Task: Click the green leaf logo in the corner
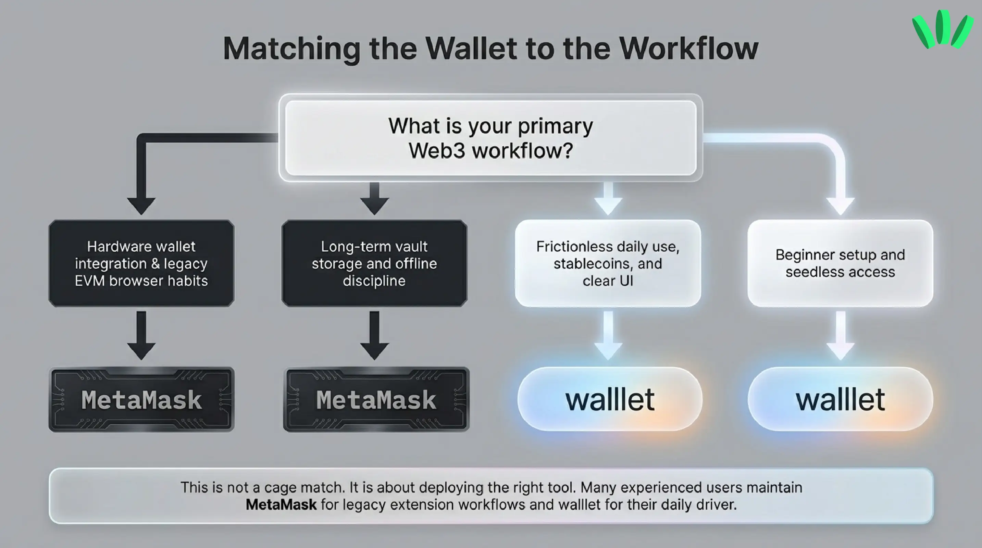pos(941,30)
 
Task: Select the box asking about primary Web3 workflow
pos(490,138)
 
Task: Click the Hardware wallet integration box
pos(141,263)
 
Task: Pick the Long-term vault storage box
pos(374,263)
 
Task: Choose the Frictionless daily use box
pos(608,263)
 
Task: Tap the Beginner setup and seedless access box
pos(840,263)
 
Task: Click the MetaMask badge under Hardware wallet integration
pos(141,399)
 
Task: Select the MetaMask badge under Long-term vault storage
pos(376,399)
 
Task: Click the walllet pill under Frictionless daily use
pos(610,399)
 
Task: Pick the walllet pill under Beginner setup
pos(840,399)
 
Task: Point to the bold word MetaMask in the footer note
pos(281,505)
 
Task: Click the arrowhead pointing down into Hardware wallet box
pos(141,206)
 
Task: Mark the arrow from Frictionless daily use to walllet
pos(608,335)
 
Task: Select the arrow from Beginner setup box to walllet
pos(840,335)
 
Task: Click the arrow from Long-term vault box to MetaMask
pos(374,335)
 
